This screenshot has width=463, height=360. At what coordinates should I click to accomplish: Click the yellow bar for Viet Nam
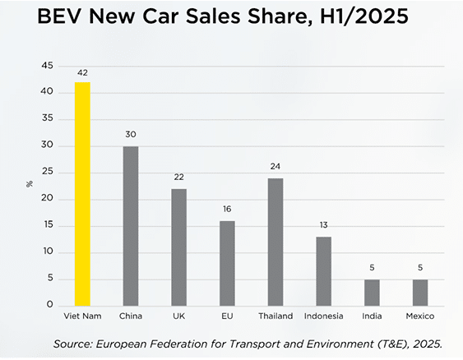82,193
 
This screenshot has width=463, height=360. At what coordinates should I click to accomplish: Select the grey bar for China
131,225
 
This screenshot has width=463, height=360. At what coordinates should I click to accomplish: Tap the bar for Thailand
275,241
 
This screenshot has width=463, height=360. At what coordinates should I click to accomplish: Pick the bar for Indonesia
324,270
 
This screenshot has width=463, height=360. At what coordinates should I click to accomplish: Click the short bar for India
372,292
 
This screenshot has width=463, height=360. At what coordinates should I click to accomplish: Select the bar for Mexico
420,292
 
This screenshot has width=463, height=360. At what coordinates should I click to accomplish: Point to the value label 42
82,73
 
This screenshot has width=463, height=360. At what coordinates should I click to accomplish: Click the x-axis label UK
178,316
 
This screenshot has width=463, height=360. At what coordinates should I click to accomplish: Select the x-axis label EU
227,316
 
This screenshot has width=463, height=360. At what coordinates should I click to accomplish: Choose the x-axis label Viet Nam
82,316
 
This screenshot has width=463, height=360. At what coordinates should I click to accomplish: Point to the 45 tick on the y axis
48,66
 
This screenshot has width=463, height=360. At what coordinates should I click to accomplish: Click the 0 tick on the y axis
51,305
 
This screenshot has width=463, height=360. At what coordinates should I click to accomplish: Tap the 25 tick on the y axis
48,172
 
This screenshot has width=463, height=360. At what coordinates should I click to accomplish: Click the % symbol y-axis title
30,184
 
